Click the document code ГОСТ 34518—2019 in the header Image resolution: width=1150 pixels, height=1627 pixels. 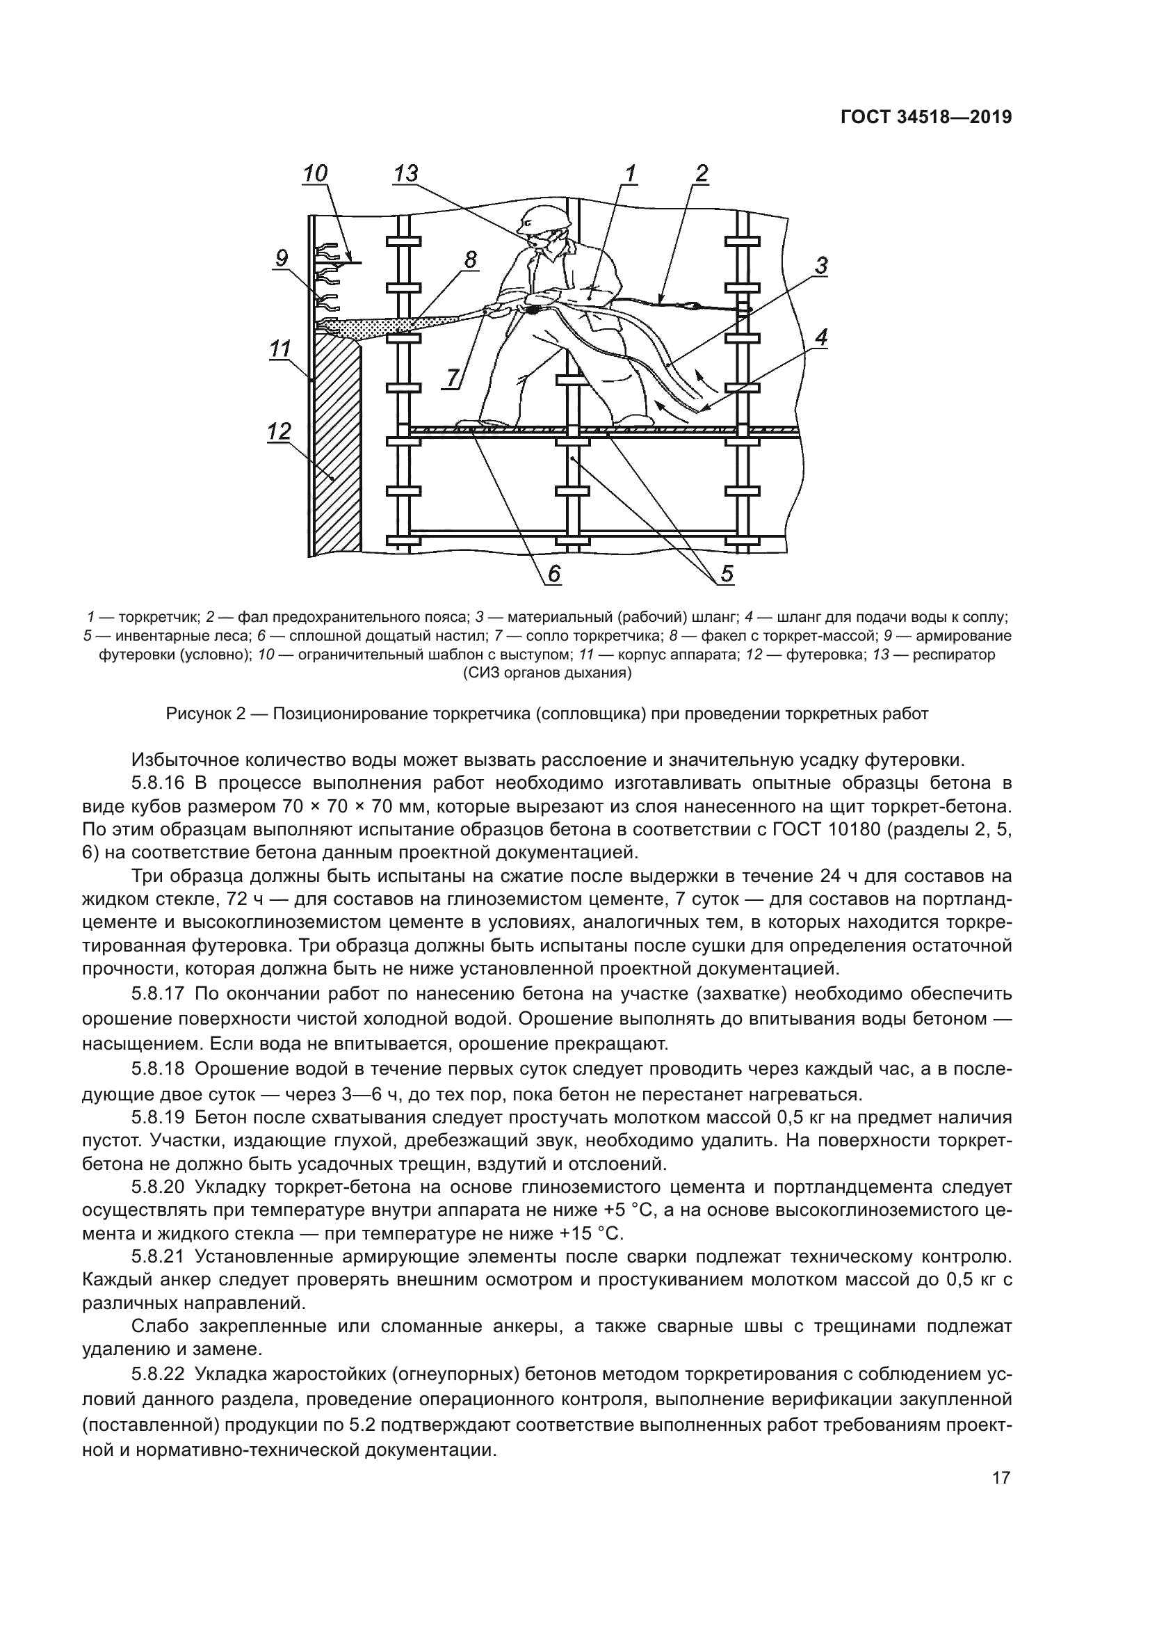point(925,118)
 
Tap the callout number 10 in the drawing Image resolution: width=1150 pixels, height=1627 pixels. point(315,174)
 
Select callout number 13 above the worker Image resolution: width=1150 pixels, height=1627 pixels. point(405,174)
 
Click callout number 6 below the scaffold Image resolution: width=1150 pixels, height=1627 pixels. point(553,573)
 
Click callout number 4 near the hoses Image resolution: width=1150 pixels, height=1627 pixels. point(820,337)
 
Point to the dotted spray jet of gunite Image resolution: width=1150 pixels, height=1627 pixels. point(396,326)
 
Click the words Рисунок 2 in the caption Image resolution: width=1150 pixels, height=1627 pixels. point(205,714)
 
